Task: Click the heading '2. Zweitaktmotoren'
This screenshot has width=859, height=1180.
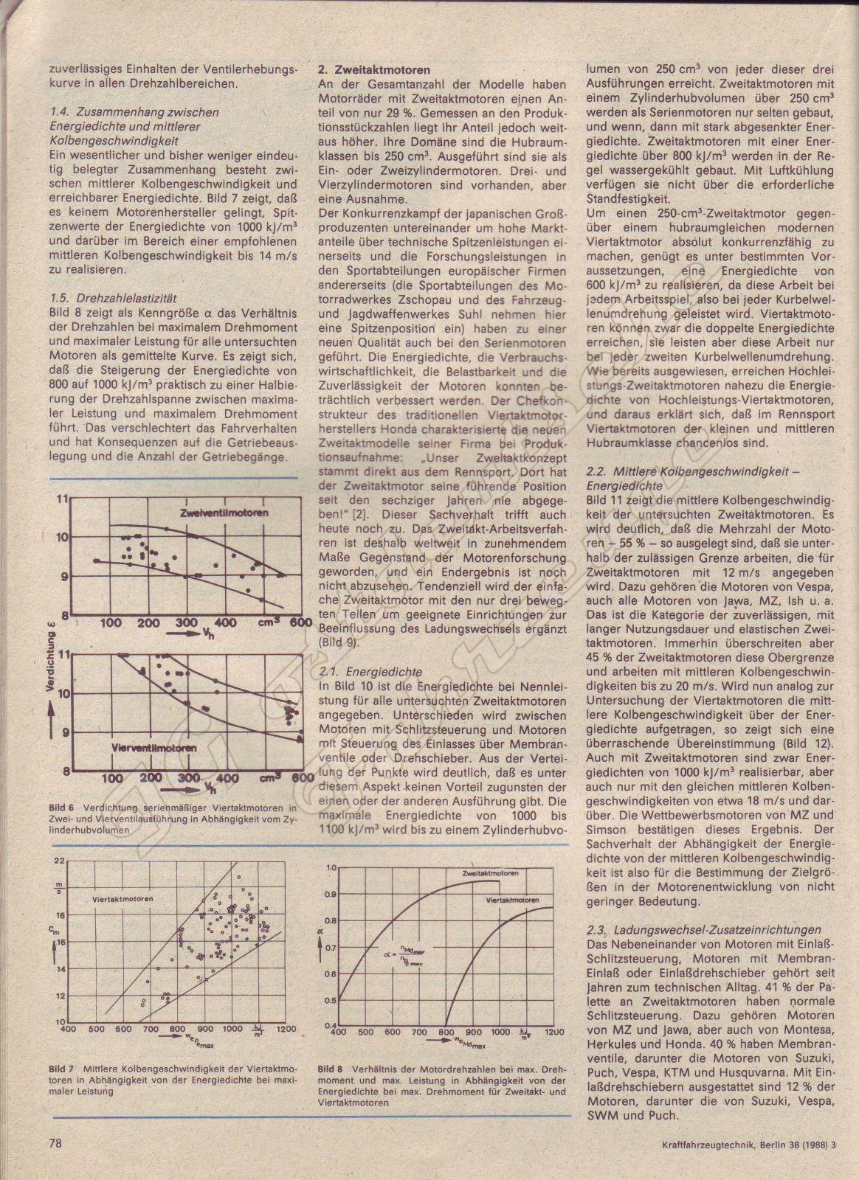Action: (x=374, y=70)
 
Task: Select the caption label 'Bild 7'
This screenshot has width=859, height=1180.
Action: (x=61, y=1068)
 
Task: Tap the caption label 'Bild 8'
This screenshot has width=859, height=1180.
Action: (x=330, y=1068)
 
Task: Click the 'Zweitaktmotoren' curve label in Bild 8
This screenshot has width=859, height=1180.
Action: (x=489, y=872)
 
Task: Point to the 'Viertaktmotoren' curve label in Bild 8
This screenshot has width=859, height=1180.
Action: (x=512, y=900)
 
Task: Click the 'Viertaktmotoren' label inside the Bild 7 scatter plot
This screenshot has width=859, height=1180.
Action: (x=123, y=900)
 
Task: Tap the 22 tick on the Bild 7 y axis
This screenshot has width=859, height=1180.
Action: (x=59, y=861)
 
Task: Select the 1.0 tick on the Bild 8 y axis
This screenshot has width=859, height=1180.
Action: (x=331, y=868)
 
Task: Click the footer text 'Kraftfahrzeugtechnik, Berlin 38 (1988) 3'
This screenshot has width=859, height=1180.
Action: (x=747, y=1145)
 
